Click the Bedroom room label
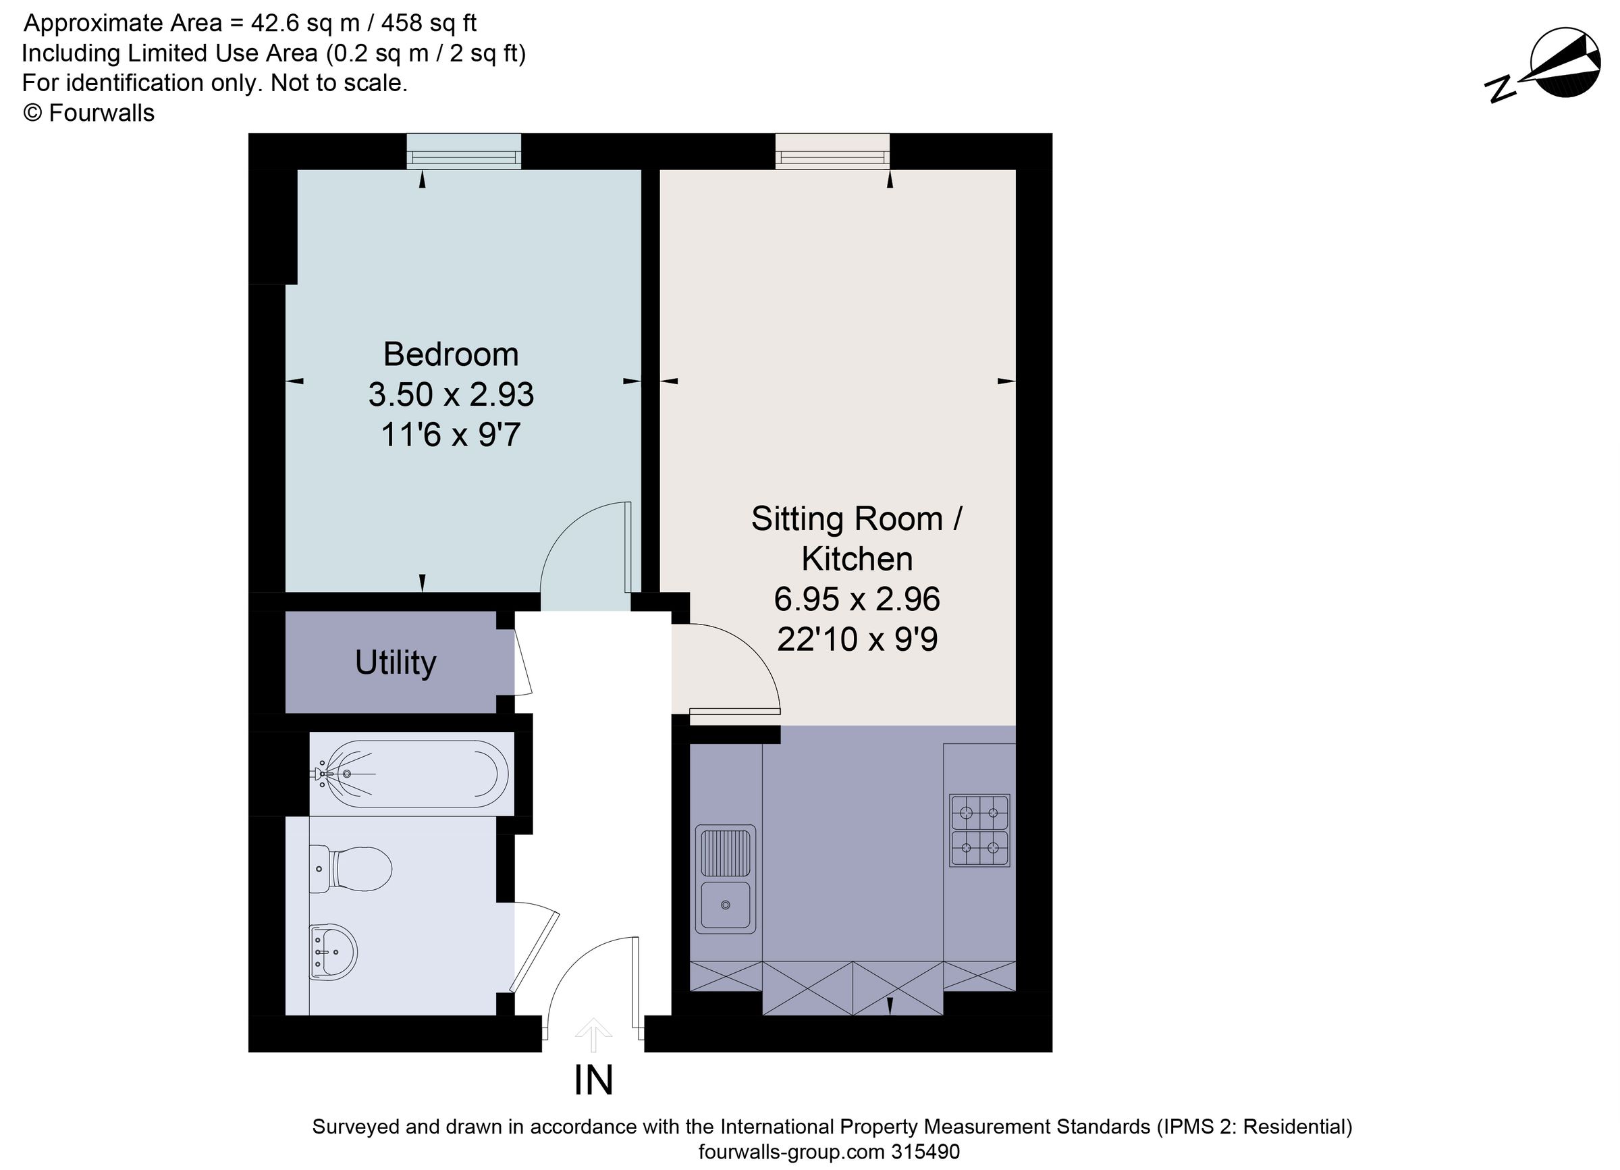pyautogui.click(x=451, y=355)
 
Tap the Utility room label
pyautogui.click(x=395, y=662)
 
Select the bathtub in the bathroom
pyautogui.click(x=410, y=774)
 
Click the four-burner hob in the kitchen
pyautogui.click(x=979, y=830)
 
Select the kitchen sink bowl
pyautogui.click(x=725, y=905)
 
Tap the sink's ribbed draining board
pyautogui.click(x=725, y=852)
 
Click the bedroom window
pyautogui.click(x=464, y=152)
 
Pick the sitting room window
pyautogui.click(x=832, y=152)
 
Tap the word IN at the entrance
pyautogui.click(x=593, y=1081)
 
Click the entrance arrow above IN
pyautogui.click(x=593, y=1034)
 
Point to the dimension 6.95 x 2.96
pyautogui.click(x=857, y=600)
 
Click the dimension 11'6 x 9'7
pyautogui.click(x=451, y=435)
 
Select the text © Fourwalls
pyautogui.click(x=88, y=113)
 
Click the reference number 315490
pyautogui.click(x=925, y=1151)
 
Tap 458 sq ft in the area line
pyautogui.click(x=429, y=24)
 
